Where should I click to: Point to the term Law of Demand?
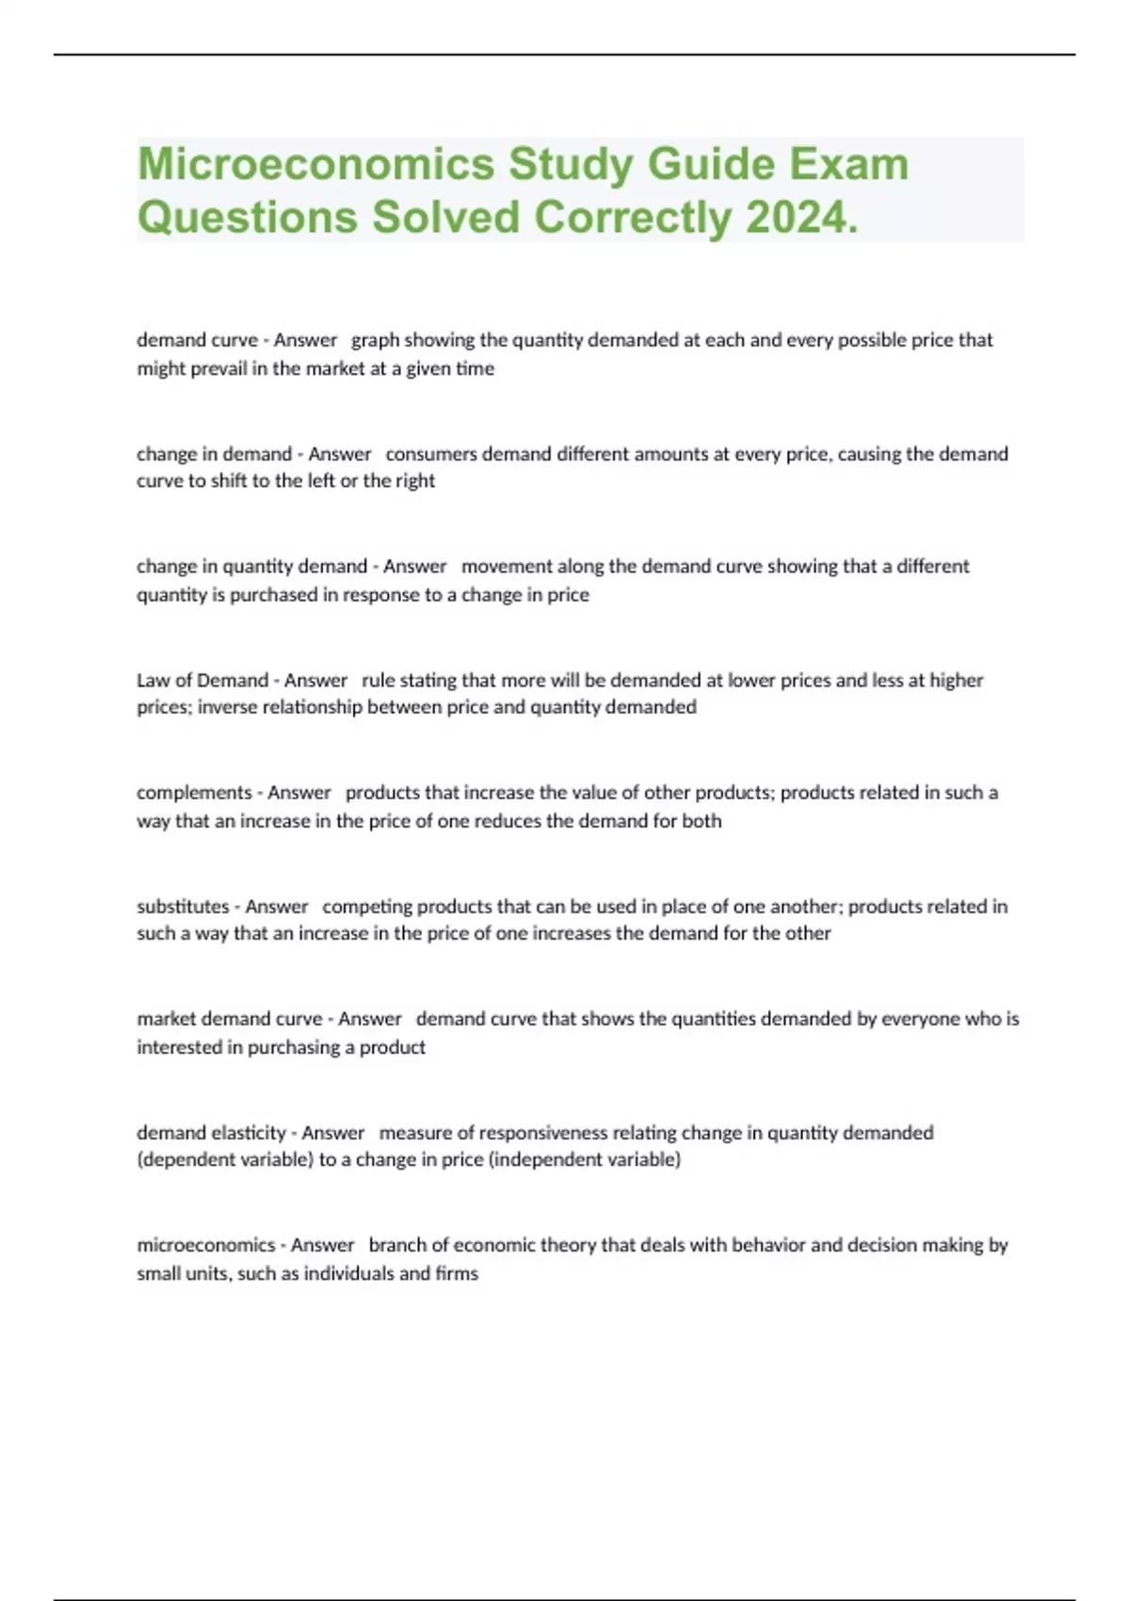(202, 680)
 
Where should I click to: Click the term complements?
(194, 793)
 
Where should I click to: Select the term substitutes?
(183, 906)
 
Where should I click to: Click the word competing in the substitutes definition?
(367, 906)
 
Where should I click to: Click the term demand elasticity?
(211, 1132)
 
